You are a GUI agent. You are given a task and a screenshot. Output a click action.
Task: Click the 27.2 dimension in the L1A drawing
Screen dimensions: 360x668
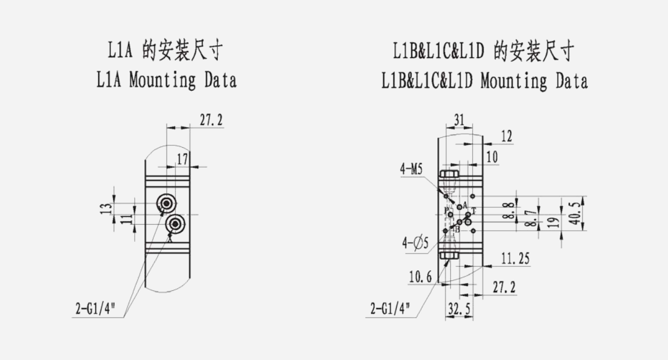click(x=212, y=120)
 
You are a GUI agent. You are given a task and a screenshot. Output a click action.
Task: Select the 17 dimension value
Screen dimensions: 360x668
click(x=182, y=159)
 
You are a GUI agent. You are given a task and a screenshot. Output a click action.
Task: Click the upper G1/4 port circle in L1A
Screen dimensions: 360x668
click(x=165, y=203)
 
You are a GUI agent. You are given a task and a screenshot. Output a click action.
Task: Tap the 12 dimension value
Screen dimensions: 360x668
click(x=506, y=137)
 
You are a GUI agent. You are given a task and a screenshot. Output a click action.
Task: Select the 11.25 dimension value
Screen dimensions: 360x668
click(x=515, y=259)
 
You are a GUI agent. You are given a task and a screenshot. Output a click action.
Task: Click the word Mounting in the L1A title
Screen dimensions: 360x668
click(x=163, y=80)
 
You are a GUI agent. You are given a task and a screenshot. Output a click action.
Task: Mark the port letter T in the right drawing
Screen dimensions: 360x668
click(x=474, y=210)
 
